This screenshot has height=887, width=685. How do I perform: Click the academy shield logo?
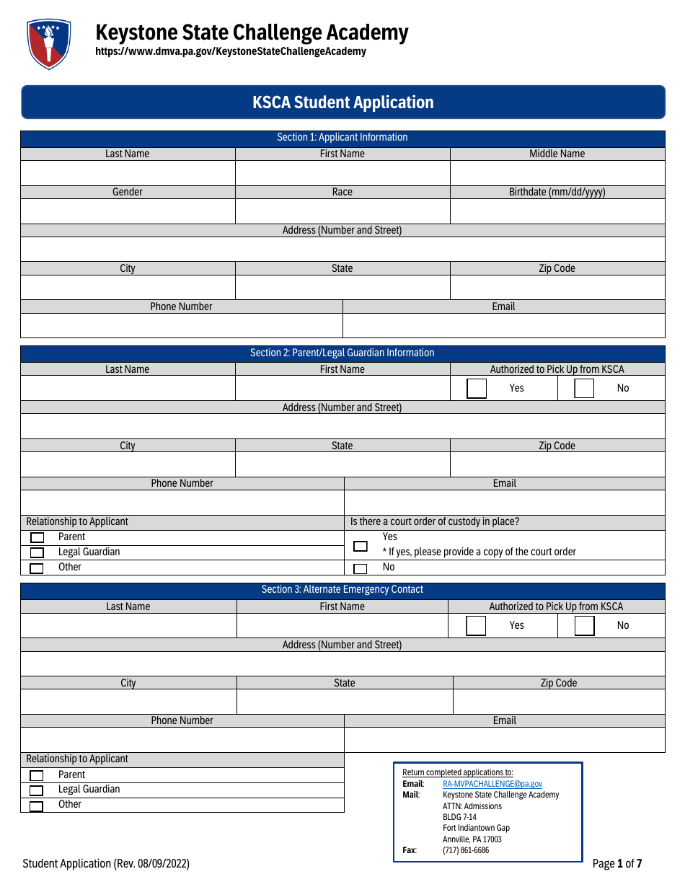coord(48,43)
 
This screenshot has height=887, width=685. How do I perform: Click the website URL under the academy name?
coord(231,51)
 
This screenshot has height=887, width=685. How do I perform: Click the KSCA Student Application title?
coord(342,102)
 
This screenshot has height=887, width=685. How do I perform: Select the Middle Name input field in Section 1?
coord(557,173)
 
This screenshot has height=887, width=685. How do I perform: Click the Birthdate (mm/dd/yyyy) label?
coord(557,192)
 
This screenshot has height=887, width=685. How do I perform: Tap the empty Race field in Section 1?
coord(342,211)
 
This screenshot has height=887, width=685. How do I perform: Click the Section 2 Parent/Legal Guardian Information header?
coord(342,353)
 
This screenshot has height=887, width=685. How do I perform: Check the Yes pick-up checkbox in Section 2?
coord(477,389)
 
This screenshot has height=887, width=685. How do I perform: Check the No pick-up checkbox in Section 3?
coord(584,626)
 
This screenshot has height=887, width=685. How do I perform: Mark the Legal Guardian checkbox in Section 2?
coord(37,553)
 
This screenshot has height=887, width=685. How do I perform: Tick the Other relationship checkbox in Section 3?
coord(37,806)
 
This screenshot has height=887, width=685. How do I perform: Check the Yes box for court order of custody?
coord(361,547)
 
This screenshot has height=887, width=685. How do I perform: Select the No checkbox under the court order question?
coord(361,568)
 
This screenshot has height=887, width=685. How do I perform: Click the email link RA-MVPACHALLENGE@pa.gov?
coord(492,784)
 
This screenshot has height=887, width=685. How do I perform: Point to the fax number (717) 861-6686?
coord(466,850)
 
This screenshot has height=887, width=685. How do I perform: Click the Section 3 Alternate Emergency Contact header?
coord(342,590)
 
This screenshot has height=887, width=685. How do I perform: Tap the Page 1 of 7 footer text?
coord(616,863)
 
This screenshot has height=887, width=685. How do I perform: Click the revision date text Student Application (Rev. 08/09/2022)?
coord(106,863)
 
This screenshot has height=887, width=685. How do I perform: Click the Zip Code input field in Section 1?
coord(557,288)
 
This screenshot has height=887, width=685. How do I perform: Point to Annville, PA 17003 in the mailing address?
coord(472,839)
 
